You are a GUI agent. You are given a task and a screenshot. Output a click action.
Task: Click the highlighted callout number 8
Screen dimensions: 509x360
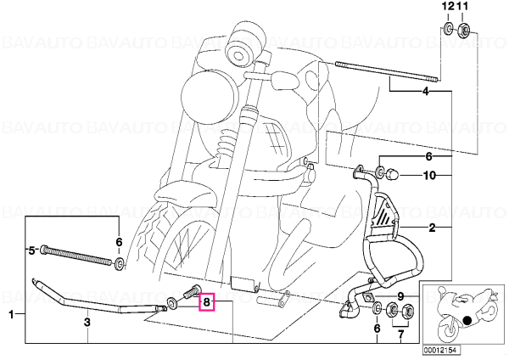(x=207, y=303)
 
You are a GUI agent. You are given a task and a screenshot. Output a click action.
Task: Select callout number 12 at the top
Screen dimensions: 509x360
(x=447, y=6)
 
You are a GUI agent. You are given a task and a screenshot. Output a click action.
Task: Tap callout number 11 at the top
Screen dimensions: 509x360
(x=461, y=6)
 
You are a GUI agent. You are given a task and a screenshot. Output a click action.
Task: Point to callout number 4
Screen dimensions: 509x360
(x=426, y=92)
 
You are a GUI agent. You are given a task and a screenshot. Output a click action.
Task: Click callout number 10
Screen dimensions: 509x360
(x=429, y=176)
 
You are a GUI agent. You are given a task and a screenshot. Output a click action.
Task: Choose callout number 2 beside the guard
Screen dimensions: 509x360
(x=432, y=228)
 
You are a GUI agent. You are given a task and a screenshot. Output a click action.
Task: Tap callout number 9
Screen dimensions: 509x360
(x=400, y=296)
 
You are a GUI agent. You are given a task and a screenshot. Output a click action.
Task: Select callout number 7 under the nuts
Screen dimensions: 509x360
(x=400, y=335)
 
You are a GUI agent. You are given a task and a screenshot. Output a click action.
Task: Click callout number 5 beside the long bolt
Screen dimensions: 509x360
(x=31, y=250)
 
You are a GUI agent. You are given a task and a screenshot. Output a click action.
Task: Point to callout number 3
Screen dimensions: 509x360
(x=87, y=323)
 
